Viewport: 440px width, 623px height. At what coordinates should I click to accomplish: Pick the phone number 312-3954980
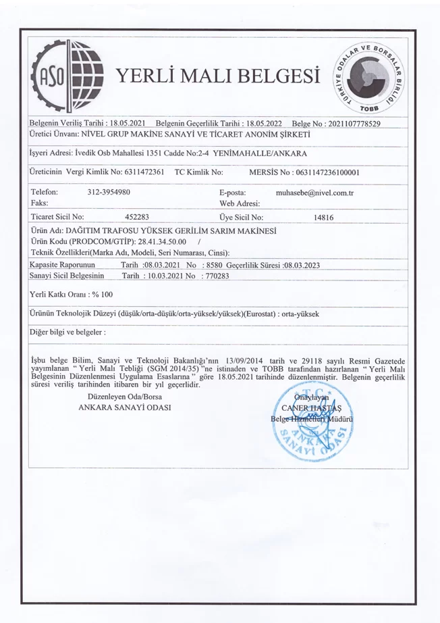tap(109, 193)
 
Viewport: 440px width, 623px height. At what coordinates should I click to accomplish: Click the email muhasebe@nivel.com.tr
tap(315, 193)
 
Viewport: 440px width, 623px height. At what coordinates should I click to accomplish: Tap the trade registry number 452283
tap(137, 218)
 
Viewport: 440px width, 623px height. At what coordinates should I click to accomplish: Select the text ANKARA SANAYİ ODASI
tap(125, 408)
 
